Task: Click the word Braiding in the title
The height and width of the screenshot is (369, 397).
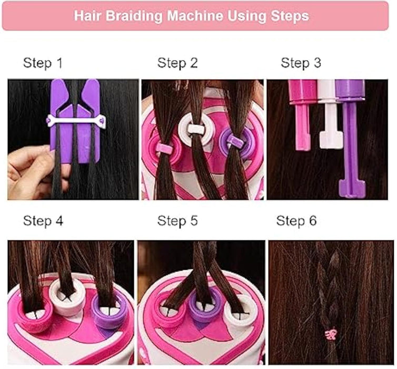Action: (134, 16)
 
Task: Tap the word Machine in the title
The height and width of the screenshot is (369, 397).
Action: (195, 16)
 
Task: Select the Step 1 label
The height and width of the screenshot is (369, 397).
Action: (43, 63)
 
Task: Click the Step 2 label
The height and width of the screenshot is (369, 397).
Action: (177, 63)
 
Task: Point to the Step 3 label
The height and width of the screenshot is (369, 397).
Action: (301, 63)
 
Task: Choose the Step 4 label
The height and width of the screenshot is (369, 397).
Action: (43, 221)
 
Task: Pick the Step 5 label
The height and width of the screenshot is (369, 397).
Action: (177, 221)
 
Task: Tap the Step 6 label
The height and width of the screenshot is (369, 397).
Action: (296, 221)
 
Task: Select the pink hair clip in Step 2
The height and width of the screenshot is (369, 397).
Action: (164, 147)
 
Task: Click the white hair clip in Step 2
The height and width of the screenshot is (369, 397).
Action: (196, 129)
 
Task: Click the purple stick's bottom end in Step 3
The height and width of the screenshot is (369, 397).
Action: (352, 189)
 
